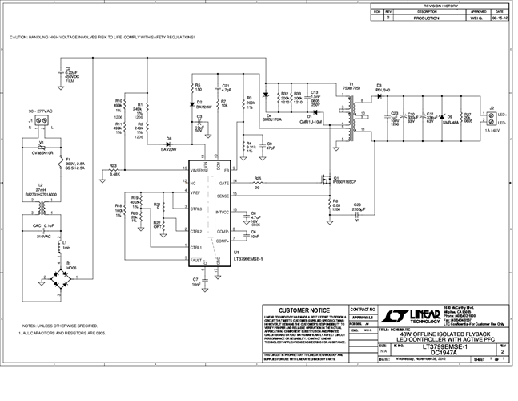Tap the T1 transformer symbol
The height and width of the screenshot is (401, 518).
click(351, 113)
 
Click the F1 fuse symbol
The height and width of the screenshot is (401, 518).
click(56, 167)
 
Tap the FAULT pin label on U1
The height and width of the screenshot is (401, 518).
click(195, 260)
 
